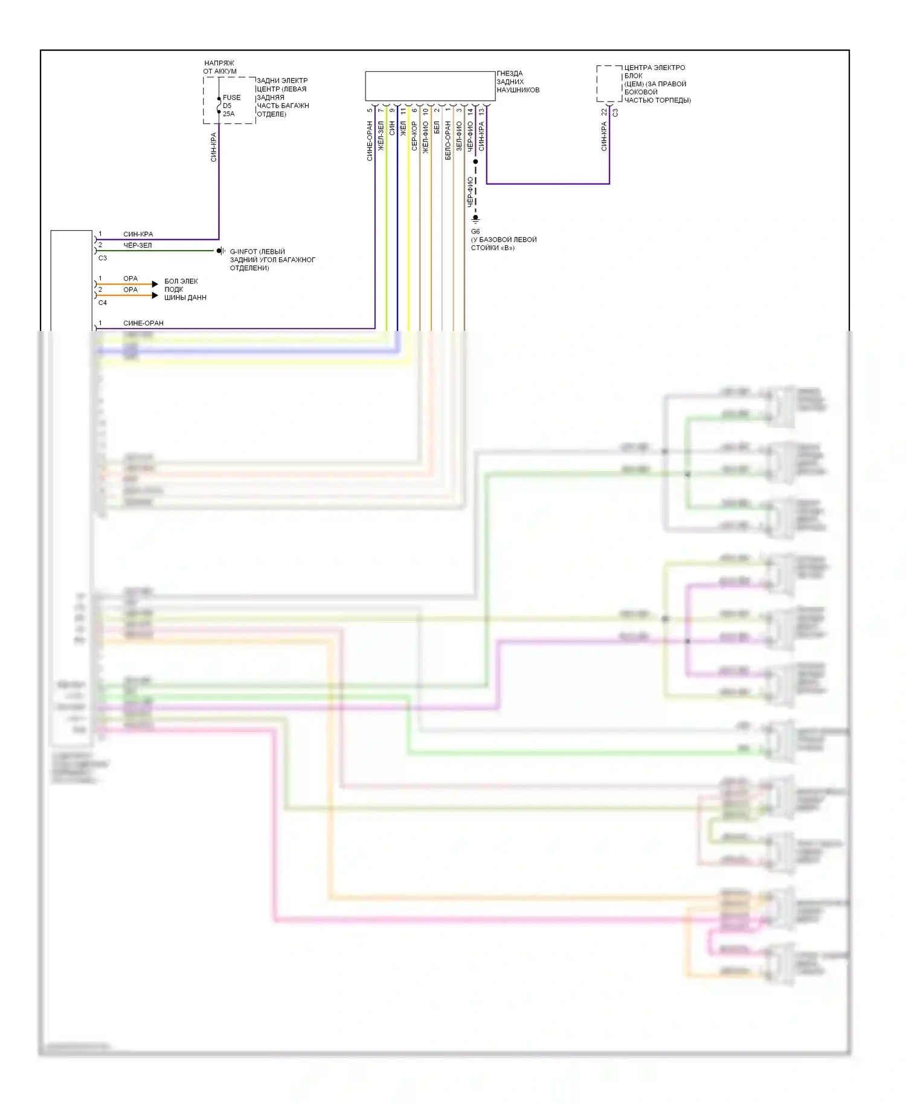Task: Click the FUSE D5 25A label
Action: (231, 106)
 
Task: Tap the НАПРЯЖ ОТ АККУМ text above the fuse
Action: (220, 67)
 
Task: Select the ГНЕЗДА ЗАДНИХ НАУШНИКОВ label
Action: (518, 82)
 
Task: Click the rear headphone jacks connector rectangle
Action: (430, 86)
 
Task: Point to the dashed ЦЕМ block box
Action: (609, 84)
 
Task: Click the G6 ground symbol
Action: (475, 219)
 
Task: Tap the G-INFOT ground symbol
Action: (220, 251)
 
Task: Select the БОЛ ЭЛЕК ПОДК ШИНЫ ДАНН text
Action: (185, 289)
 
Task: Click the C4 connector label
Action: (103, 303)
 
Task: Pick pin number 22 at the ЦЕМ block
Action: (604, 112)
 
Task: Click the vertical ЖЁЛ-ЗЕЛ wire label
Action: (381, 136)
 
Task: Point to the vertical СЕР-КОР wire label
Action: (414, 136)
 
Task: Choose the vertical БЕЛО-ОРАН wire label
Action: (448, 140)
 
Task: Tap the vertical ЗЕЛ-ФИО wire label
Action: (459, 136)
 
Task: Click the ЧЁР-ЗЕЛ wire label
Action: (138, 245)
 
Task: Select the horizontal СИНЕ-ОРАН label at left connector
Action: (143, 323)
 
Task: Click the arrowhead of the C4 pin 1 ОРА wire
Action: (155, 284)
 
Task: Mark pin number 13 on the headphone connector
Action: (481, 112)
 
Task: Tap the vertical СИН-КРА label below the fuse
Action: (213, 147)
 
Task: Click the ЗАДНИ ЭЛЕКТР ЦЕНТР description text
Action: (283, 97)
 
